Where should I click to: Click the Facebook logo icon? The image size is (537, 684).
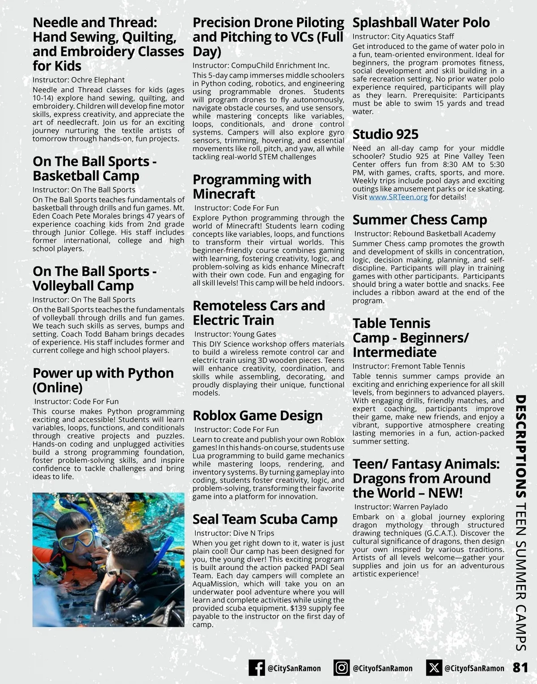point(257,668)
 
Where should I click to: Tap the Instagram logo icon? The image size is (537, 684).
point(341,668)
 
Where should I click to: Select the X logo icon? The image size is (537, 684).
point(433,668)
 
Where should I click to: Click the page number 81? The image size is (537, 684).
point(520,667)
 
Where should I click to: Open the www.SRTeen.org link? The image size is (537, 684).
point(398,197)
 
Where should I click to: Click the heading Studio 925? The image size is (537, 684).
point(385,134)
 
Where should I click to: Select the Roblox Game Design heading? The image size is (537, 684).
point(257,416)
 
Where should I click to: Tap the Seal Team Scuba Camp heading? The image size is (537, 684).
point(265,519)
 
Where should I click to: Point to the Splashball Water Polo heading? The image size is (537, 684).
point(421,22)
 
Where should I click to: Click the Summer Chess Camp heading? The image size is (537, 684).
point(419,220)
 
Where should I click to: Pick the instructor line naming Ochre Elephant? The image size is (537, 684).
point(78,80)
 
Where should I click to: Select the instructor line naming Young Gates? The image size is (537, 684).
point(235,334)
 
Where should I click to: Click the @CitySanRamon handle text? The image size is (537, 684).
point(294,668)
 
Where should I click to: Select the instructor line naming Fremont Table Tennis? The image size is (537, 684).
point(409,366)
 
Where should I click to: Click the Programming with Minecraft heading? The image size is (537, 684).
point(251,187)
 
